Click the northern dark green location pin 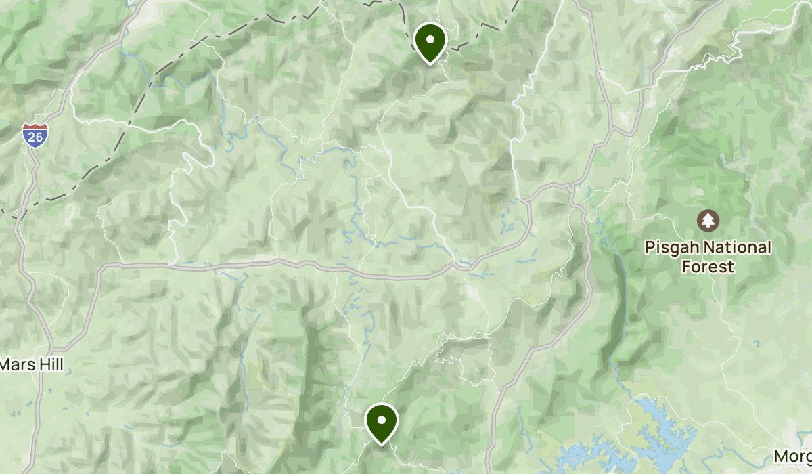[430, 41]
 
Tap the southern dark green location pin [382, 421]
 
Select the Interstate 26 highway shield [32, 135]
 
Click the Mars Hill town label [31, 365]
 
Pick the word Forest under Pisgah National [708, 267]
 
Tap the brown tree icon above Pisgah [708, 220]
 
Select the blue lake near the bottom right [660, 413]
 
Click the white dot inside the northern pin [430, 38]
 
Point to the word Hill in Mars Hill [49, 365]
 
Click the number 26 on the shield [32, 137]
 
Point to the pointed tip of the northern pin [430, 64]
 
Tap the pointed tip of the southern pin [382, 444]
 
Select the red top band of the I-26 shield [32, 127]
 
